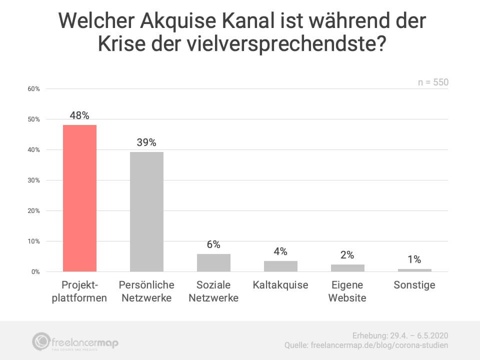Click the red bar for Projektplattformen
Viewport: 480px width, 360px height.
pos(79,198)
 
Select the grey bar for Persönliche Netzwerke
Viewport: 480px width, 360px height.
pos(146,211)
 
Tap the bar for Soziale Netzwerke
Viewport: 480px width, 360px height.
pos(213,262)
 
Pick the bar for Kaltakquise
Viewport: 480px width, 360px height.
pos(280,266)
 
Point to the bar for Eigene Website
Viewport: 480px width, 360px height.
pos(347,268)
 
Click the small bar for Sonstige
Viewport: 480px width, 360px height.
pos(414,270)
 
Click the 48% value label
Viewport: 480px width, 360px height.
pos(79,115)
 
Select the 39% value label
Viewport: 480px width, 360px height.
pos(146,142)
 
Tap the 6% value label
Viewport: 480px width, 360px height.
pos(213,244)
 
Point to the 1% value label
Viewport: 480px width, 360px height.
pos(414,259)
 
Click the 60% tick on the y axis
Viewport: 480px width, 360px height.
pos(33,89)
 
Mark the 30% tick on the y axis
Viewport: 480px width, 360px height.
pos(33,180)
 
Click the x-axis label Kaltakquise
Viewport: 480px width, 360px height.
pos(280,285)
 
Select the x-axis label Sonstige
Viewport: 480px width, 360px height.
pos(414,285)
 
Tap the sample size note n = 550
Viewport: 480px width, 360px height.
pos(433,82)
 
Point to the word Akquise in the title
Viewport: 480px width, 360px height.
pos(165,21)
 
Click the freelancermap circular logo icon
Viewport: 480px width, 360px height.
pos(41,341)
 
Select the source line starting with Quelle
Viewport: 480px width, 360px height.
pos(366,345)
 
